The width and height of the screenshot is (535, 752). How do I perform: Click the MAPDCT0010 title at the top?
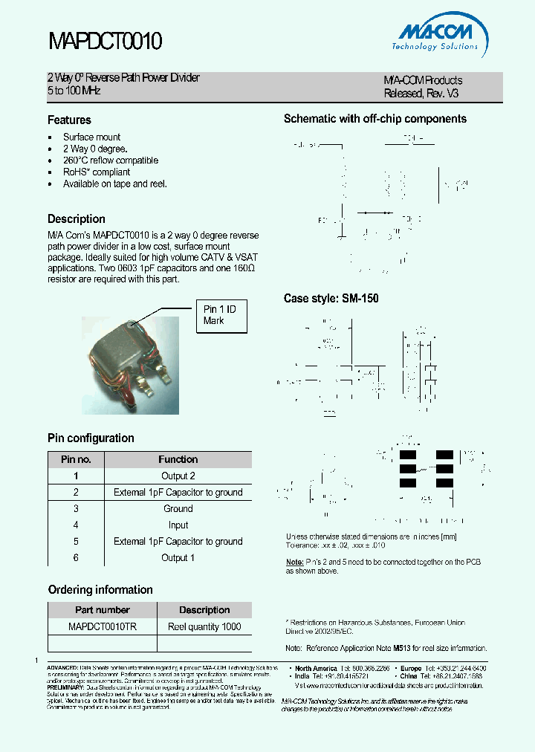pyautogui.click(x=105, y=42)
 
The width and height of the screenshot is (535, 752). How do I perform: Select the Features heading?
pyautogui.click(x=69, y=120)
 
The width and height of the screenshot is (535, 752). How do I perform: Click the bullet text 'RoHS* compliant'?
pyautogui.click(x=96, y=172)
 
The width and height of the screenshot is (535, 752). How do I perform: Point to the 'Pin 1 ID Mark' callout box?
pyautogui.click(x=221, y=316)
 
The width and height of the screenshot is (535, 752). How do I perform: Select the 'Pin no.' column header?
pyautogui.click(x=76, y=459)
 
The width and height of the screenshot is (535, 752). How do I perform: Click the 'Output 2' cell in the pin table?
pyautogui.click(x=178, y=476)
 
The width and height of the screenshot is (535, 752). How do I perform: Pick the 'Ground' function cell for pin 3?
pyautogui.click(x=178, y=508)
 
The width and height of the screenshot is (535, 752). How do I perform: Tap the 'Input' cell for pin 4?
pyautogui.click(x=178, y=525)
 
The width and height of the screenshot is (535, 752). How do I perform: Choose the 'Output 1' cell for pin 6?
pyautogui.click(x=178, y=557)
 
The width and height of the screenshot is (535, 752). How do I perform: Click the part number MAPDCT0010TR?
pyautogui.click(x=102, y=626)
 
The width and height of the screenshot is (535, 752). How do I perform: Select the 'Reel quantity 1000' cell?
pyautogui.click(x=204, y=626)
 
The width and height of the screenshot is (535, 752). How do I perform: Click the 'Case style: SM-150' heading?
pyautogui.click(x=331, y=299)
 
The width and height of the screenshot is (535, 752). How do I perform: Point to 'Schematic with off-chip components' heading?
pyautogui.click(x=375, y=119)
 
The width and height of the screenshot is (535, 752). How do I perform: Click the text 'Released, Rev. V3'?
pyautogui.click(x=421, y=94)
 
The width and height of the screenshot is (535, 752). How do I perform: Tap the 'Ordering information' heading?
pyautogui.click(x=100, y=589)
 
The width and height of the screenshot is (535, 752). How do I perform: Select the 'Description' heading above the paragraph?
pyautogui.click(x=76, y=218)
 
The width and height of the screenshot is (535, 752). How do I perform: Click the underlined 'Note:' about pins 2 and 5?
pyautogui.click(x=294, y=562)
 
